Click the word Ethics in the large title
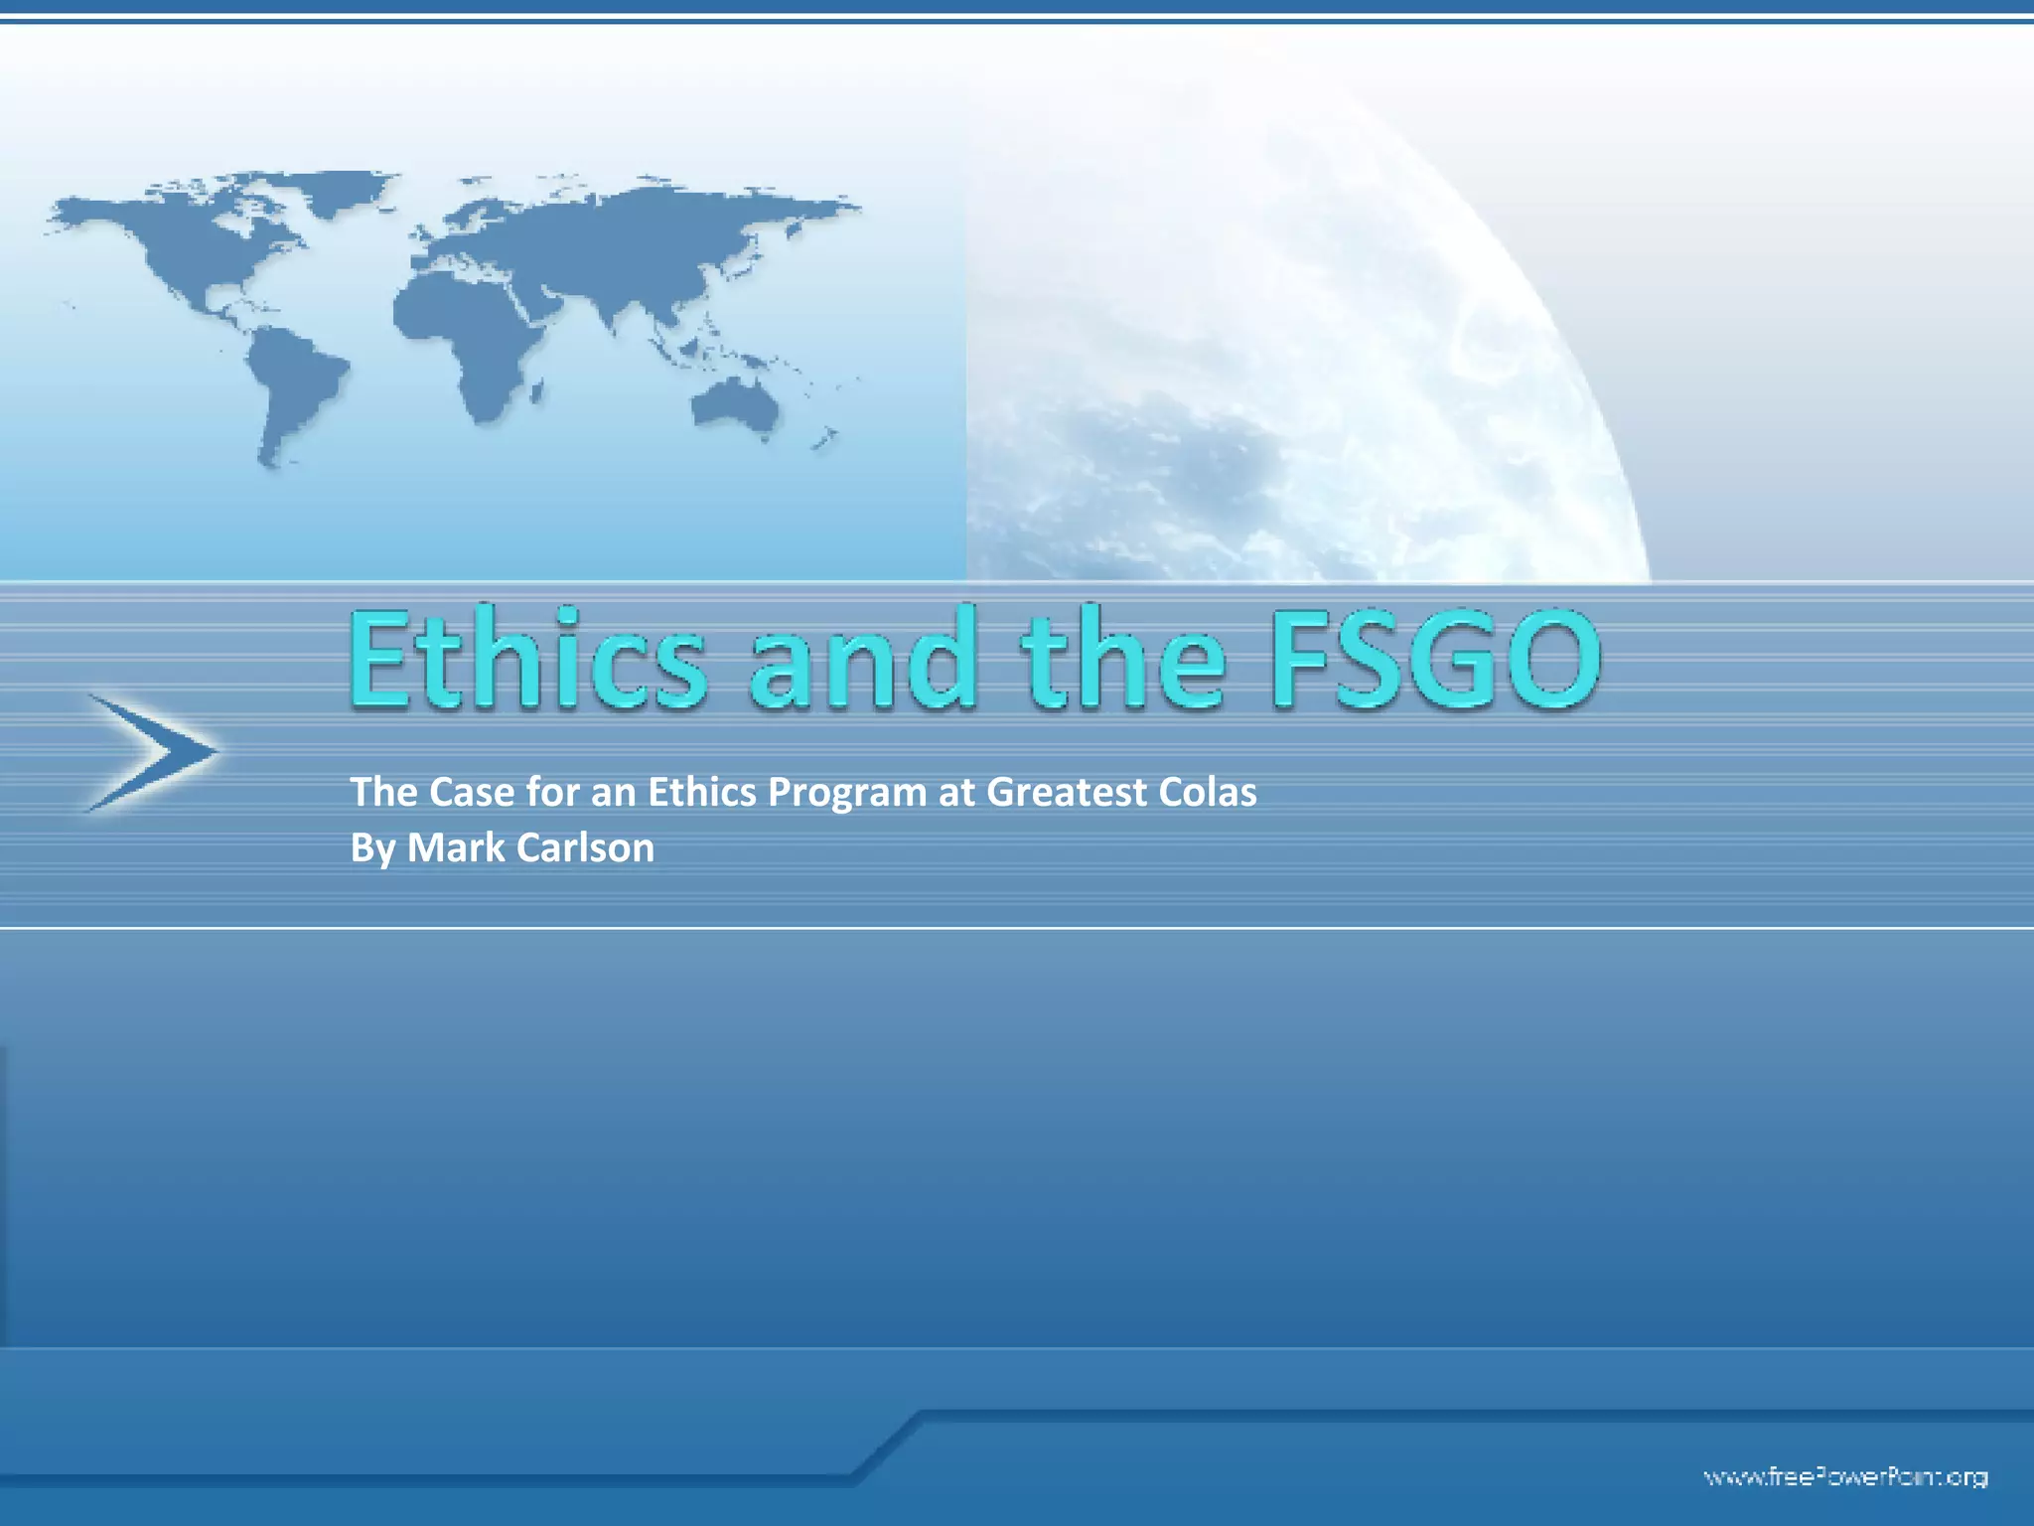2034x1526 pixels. (527, 660)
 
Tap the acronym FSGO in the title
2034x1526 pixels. (1434, 660)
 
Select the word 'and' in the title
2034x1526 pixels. (863, 662)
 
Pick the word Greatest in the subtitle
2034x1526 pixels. (1062, 792)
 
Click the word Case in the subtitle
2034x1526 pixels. (472, 792)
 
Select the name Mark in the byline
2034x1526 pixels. (453, 847)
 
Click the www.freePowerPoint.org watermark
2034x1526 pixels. (1845, 1476)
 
